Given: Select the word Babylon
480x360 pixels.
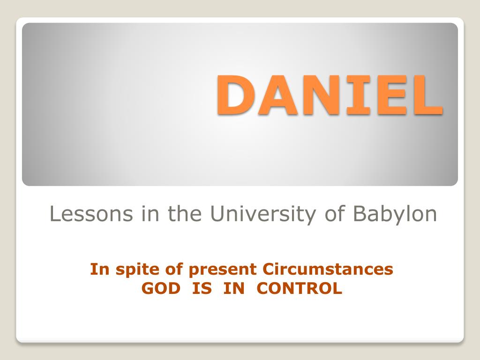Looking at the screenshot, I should pyautogui.click(x=395, y=214).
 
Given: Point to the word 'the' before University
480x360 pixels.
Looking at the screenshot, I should pyautogui.click(x=184, y=214).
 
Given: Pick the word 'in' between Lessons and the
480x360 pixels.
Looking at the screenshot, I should pyautogui.click(x=147, y=214).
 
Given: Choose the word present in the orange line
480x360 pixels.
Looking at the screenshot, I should pyautogui.click(x=223, y=270).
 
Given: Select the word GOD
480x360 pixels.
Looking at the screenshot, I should pyautogui.click(x=161, y=288).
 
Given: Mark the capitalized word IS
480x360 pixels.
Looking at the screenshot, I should pyautogui.click(x=202, y=288).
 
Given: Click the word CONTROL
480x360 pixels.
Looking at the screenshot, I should pyautogui.click(x=300, y=288).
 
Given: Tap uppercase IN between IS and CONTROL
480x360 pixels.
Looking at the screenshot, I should pyautogui.click(x=234, y=288).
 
